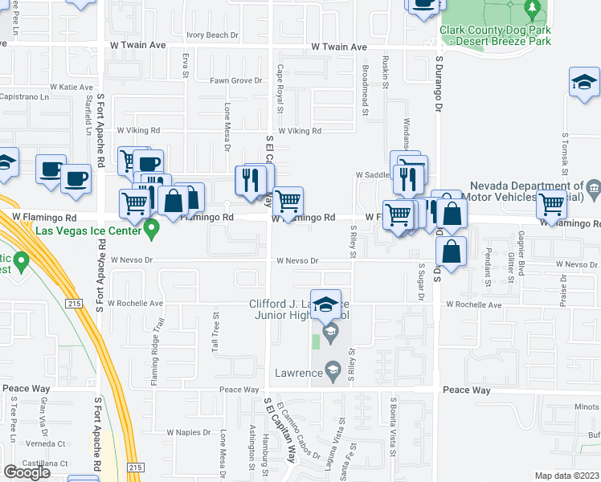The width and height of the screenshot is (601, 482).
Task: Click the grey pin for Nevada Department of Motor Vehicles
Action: click(594, 188)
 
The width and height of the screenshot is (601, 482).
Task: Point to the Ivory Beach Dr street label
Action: click(213, 35)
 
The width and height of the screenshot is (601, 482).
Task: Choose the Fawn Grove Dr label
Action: click(236, 80)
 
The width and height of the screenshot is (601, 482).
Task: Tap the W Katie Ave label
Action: click(71, 87)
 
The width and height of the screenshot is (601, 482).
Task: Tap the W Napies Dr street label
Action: click(188, 432)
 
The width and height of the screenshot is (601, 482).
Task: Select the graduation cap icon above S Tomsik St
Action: click(585, 82)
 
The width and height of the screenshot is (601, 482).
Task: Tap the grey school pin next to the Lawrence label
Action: click(330, 370)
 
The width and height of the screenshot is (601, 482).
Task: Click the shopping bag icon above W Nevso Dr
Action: click(452, 251)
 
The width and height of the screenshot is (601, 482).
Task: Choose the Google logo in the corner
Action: click(27, 472)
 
